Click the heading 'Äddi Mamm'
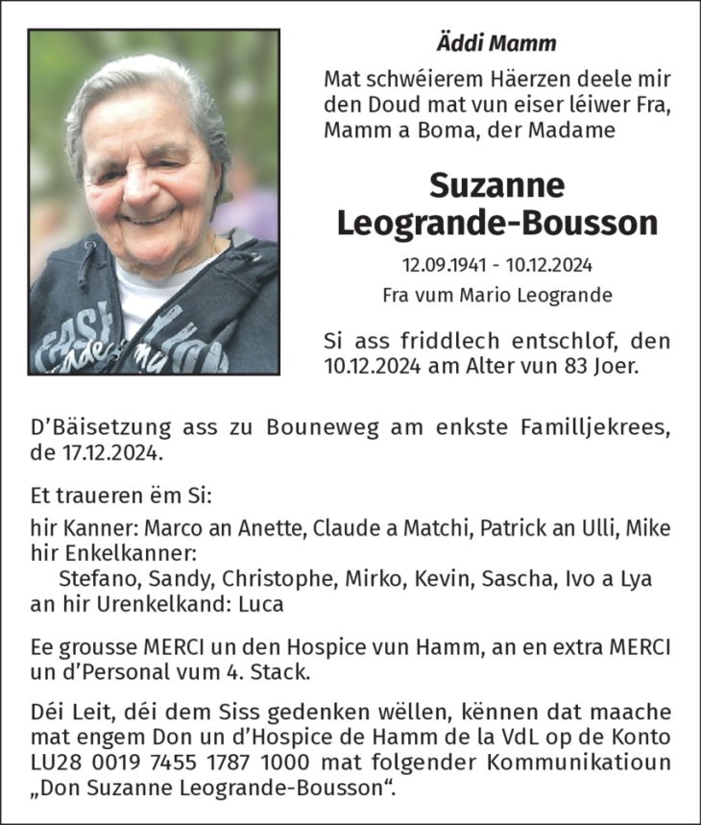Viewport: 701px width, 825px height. pos(496,43)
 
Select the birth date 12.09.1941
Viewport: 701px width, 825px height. pos(442,264)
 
